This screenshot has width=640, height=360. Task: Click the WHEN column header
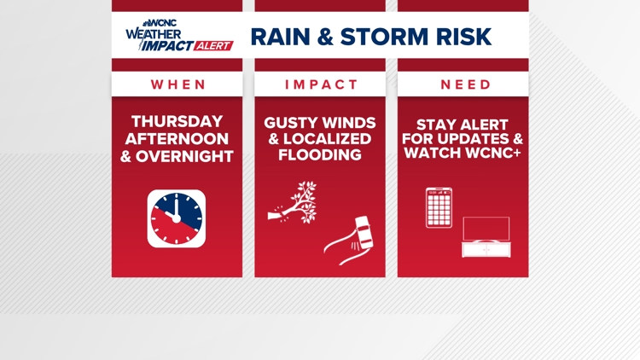click(178, 84)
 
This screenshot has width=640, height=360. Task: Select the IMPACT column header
click(321, 84)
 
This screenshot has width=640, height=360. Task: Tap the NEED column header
click(466, 84)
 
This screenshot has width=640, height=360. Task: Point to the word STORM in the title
click(385, 37)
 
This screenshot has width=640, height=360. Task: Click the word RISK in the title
click(463, 37)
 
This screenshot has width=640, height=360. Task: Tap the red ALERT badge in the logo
click(213, 46)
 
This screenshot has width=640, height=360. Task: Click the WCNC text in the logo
click(162, 23)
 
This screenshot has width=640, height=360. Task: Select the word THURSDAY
click(177, 122)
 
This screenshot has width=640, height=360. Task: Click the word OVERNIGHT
click(184, 157)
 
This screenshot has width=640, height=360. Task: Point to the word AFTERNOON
click(177, 139)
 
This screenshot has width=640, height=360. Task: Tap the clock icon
click(177, 218)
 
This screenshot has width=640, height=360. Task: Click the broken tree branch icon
click(293, 202)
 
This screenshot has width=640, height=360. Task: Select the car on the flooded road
click(364, 232)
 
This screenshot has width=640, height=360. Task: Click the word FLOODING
click(320, 155)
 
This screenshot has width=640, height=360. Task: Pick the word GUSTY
click(290, 123)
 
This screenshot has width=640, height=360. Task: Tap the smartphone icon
click(439, 208)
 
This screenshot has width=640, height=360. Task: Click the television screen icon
click(486, 229)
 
